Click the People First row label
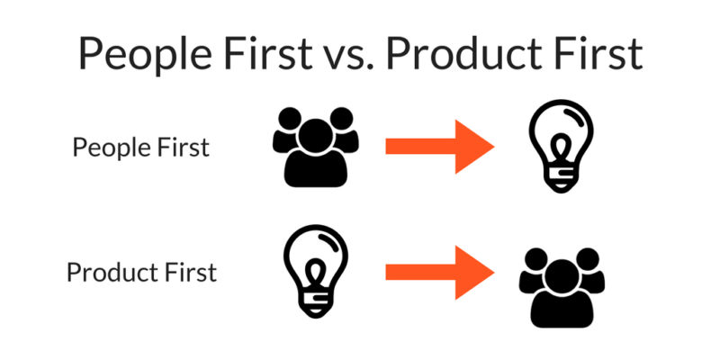tap(141, 148)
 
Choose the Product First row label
tap(141, 272)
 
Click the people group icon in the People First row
tap(316, 147)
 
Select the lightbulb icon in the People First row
tap(561, 146)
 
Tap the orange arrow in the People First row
tap(439, 147)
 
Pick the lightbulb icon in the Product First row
tap(316, 271)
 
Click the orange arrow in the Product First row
tap(439, 273)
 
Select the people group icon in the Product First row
tap(562, 288)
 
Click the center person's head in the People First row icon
tap(316, 136)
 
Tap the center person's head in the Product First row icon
tap(562, 276)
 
